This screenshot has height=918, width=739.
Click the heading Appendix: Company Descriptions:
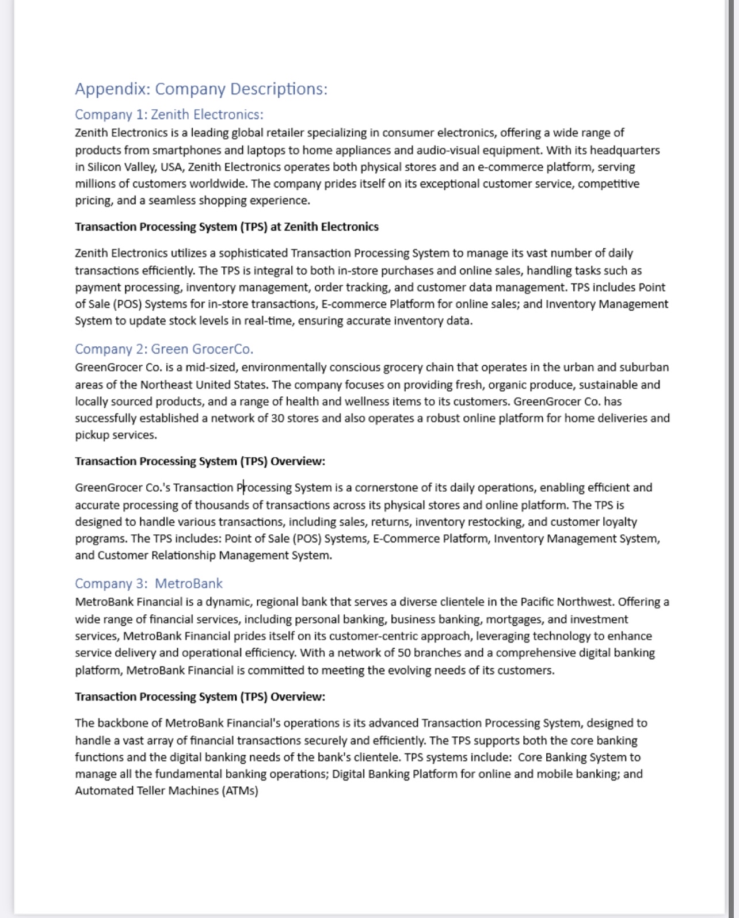tap(201, 89)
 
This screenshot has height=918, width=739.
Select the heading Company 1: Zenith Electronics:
tap(169, 114)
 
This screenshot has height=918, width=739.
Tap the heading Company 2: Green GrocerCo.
tap(163, 349)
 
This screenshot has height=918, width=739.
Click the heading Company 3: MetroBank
tap(148, 584)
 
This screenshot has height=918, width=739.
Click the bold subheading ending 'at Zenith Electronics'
tap(226, 227)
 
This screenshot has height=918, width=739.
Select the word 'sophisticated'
tap(253, 253)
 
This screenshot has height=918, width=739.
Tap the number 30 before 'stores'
tap(277, 418)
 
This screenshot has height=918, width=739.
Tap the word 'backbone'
tap(120, 723)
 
